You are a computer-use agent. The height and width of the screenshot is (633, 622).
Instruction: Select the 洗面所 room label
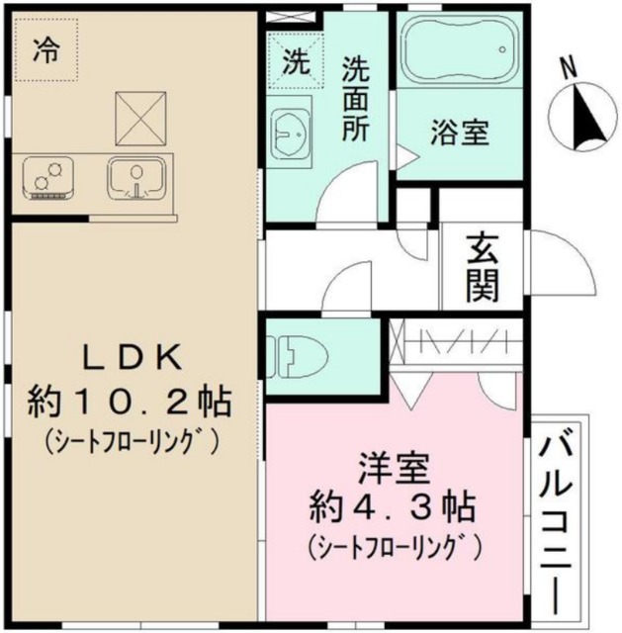tap(356, 99)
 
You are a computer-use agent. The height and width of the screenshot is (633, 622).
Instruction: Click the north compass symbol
tap(580, 118)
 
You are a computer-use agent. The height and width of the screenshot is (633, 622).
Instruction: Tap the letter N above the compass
tap(568, 67)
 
